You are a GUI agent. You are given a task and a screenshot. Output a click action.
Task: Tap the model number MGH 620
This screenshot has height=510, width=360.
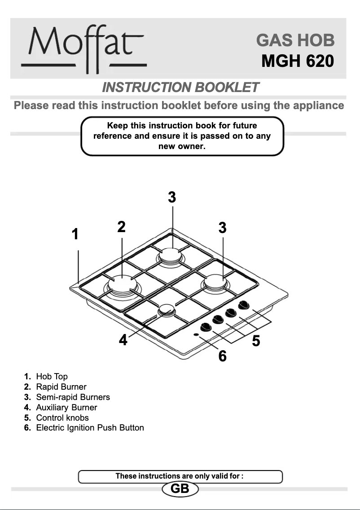297,61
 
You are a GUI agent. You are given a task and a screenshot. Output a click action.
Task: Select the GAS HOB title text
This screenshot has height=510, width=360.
295,40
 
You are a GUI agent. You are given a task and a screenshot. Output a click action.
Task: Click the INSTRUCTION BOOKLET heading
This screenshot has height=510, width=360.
180,87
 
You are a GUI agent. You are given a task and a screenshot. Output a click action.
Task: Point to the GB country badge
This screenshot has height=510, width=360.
180,489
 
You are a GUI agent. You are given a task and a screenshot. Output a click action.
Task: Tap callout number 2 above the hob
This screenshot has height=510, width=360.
121,227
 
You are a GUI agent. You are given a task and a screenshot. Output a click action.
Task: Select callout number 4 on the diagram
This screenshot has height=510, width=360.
123,340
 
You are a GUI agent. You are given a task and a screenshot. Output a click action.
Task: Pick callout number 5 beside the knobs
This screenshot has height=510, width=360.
256,341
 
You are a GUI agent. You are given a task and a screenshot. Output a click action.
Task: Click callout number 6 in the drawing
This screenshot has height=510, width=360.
222,356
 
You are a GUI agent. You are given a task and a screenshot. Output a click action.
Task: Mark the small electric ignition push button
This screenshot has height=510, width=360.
197,334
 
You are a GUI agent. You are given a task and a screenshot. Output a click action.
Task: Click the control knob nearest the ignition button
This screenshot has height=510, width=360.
206,326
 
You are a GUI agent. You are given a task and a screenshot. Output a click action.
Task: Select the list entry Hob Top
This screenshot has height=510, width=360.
52,376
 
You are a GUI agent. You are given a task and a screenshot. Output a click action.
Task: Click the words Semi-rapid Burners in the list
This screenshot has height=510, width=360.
73,397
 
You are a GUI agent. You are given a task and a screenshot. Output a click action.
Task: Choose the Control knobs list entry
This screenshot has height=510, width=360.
62,418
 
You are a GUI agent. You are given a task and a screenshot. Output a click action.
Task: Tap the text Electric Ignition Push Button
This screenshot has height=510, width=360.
90,428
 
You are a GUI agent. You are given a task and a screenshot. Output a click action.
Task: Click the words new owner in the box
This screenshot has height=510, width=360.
182,146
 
